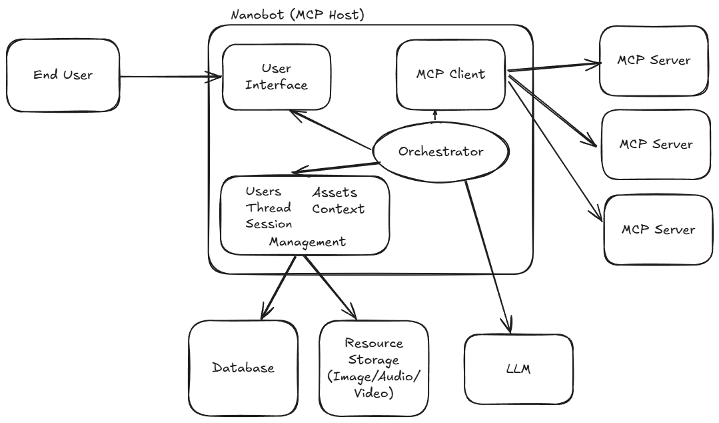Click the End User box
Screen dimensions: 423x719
[x=63, y=75]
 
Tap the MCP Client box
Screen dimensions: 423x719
[x=450, y=73]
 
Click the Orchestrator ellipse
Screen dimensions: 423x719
[x=440, y=151]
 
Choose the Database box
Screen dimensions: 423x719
[x=243, y=368]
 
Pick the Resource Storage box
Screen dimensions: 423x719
[x=373, y=368]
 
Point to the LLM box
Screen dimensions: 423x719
[x=518, y=369]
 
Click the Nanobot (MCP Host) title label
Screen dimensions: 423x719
[x=297, y=15]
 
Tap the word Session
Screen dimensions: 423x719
[x=269, y=224]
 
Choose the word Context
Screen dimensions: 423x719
[x=339, y=209]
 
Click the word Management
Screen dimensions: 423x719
[x=307, y=242]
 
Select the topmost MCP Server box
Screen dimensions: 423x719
[x=654, y=61]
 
